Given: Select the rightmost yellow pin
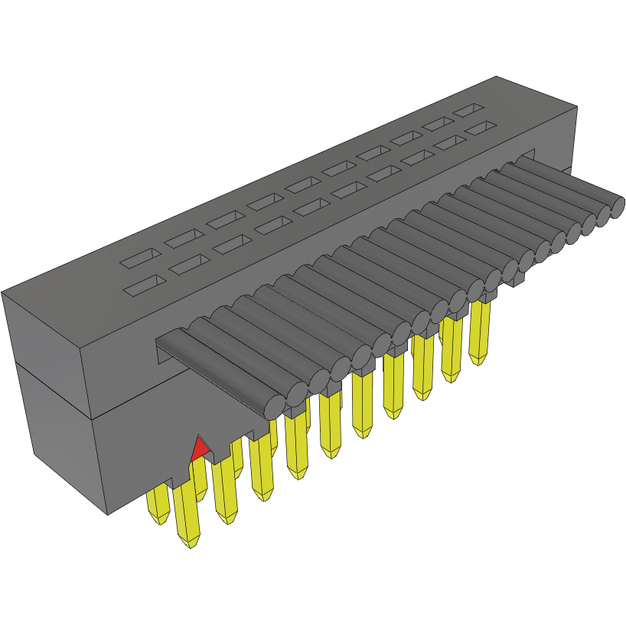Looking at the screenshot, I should coord(480,333).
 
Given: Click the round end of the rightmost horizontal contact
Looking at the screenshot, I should coord(616,208).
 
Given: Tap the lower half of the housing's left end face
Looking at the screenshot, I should coord(61,452).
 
